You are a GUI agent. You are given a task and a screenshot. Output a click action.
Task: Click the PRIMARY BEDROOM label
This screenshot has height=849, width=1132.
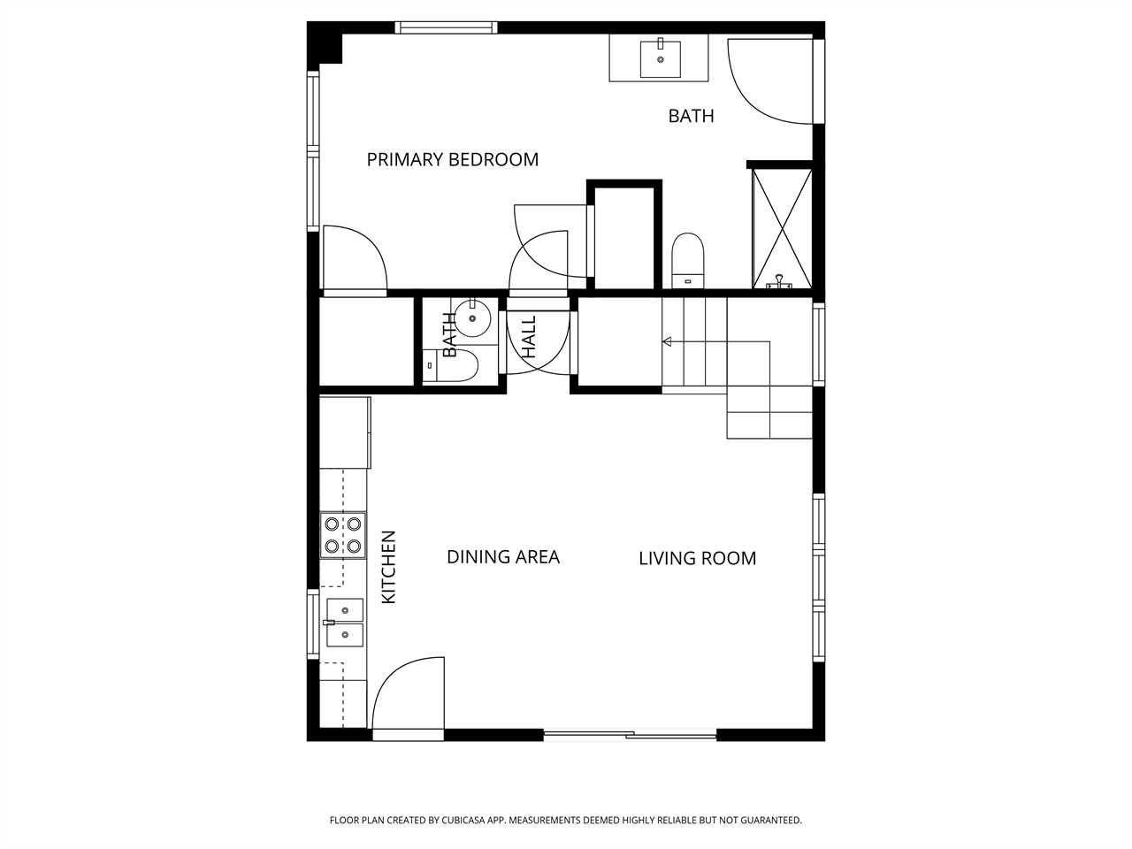click(x=452, y=160)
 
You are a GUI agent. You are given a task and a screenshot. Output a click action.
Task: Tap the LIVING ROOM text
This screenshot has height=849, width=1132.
click(x=697, y=559)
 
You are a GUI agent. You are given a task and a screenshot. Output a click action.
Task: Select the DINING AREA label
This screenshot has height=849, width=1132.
click(x=503, y=557)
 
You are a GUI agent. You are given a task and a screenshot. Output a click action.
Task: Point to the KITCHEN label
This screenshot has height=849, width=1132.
click(x=388, y=567)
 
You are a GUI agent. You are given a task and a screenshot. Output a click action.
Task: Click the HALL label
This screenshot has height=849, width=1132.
click(x=529, y=337)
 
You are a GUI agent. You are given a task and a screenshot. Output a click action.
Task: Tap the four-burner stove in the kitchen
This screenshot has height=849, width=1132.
click(x=343, y=535)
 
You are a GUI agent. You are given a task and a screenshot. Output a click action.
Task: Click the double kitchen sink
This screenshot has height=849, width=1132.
click(x=345, y=623)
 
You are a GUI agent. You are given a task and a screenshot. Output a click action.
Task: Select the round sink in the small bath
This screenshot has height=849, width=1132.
click(x=472, y=318)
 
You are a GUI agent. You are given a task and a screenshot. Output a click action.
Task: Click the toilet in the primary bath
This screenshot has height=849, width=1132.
click(x=688, y=261)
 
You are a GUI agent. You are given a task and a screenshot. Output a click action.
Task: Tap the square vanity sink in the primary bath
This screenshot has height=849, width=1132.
click(x=660, y=59)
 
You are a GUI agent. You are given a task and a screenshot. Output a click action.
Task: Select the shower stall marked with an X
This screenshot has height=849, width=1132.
click(x=782, y=228)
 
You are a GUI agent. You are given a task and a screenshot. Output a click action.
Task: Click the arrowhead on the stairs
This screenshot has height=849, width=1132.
click(x=667, y=341)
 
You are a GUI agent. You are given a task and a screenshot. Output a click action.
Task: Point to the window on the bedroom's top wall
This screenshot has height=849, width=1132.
click(x=447, y=27)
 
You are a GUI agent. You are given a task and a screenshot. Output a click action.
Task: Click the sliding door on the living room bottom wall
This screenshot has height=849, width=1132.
click(x=631, y=735)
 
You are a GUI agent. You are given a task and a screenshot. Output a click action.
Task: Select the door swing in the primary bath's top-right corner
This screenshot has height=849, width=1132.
click(x=770, y=81)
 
